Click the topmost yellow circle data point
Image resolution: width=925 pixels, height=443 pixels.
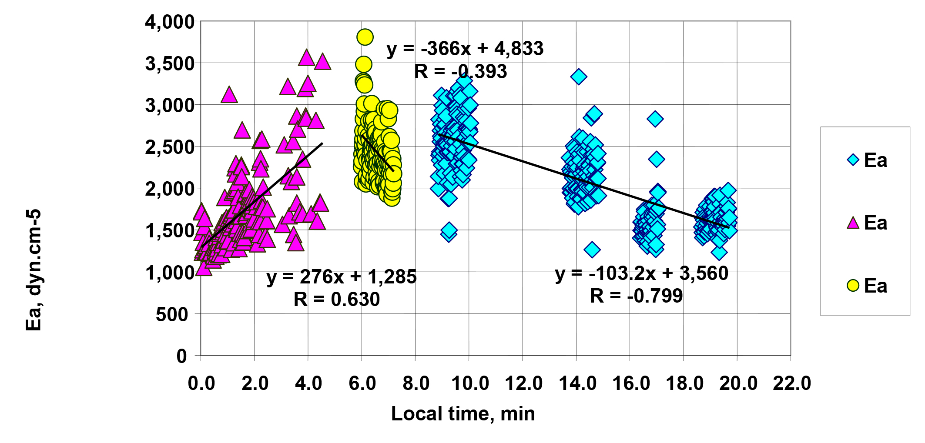365,37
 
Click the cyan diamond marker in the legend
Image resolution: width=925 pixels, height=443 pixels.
853,160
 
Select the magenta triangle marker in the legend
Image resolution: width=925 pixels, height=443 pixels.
853,223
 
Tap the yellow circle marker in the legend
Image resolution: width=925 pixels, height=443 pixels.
853,286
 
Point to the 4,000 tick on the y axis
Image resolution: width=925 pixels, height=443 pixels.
170,21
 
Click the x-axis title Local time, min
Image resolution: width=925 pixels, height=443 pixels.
463,414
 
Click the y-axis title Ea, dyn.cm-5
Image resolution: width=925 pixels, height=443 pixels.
34,270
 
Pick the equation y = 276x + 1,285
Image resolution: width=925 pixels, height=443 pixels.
342,276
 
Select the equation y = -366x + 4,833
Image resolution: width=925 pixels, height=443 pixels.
465,48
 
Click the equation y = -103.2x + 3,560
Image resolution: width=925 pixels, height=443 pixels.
641,273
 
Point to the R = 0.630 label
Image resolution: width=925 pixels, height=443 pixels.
336,299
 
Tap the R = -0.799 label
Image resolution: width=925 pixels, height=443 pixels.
636,296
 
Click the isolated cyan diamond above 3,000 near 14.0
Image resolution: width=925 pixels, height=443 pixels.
578,77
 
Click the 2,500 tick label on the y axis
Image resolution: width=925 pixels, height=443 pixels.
170,147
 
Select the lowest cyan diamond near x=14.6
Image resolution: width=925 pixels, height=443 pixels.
592,250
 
